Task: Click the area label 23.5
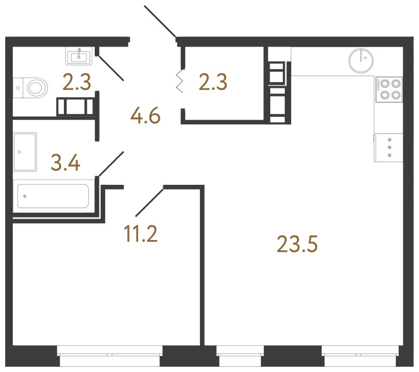pos(297,244)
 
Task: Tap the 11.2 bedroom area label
pos(141,234)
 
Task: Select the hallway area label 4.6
pos(145,116)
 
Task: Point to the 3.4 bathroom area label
pos(66,163)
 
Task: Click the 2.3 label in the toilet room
pos(77,82)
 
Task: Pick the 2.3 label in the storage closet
pos(213,82)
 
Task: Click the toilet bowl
pos(37,88)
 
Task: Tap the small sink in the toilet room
pos(79,56)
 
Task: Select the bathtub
pos(53,196)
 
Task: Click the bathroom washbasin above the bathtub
pos(25,152)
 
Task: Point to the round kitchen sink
pos(361,60)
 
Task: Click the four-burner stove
pos(389,90)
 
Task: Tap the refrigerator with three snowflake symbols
pos(389,148)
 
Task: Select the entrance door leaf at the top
pos(160,21)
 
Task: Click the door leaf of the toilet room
pos(110,68)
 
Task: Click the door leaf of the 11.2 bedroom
pos(149,202)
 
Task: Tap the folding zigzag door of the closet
pos(180,81)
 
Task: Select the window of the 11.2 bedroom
pos(110,356)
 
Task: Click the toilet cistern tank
pos(18,88)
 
